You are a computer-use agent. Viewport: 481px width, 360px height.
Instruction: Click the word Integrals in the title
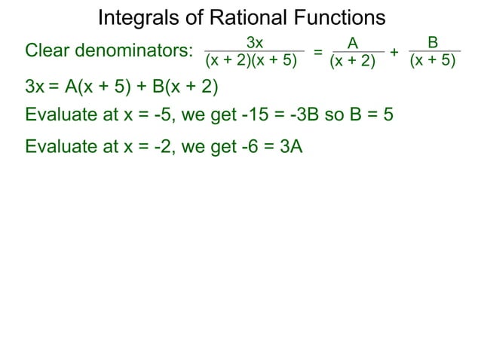[135, 17]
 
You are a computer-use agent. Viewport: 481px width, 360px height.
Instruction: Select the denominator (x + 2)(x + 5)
[251, 61]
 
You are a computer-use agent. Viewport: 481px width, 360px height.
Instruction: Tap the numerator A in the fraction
[352, 43]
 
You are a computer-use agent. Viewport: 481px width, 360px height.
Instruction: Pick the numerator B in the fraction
[433, 43]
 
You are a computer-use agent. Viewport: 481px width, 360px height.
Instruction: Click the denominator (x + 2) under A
[353, 61]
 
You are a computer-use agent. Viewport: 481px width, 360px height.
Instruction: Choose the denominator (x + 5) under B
[433, 60]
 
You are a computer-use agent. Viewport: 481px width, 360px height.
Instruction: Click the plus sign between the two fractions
[394, 51]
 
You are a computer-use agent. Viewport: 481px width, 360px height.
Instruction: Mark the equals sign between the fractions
[318, 52]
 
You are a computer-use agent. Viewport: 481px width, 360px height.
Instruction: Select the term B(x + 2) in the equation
[185, 87]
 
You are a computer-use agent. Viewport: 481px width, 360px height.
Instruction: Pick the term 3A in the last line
[291, 147]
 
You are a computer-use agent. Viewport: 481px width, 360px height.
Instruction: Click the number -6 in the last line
[248, 147]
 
